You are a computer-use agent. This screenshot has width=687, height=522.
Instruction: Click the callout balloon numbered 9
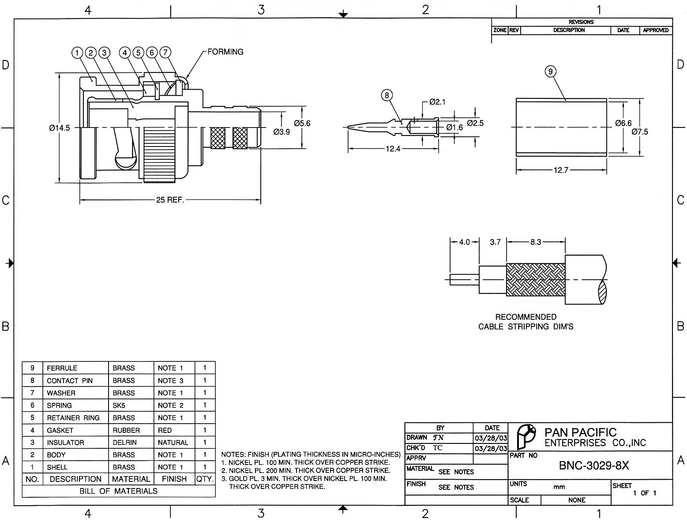point(550,71)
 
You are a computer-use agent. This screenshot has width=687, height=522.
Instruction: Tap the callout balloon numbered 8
point(387,95)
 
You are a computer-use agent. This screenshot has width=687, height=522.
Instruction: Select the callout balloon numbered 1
point(77,53)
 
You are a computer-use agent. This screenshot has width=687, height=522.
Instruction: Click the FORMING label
point(225,52)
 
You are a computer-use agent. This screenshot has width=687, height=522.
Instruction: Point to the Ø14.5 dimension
point(59,128)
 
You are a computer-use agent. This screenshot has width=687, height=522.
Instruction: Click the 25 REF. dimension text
point(170,200)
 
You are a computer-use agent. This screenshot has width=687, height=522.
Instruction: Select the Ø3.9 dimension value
point(282,131)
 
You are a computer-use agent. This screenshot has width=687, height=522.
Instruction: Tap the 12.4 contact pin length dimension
point(393,149)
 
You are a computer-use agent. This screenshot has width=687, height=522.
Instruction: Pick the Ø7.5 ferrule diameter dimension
point(639,131)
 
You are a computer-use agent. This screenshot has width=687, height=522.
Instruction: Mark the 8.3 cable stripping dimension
point(536,242)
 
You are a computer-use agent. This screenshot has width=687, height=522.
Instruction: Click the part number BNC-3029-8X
point(593,466)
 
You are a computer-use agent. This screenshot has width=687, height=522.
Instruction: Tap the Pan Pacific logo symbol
point(526,436)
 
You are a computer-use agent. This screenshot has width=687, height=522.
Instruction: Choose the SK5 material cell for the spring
point(119,406)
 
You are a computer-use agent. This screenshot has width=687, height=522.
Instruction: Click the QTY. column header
point(205,479)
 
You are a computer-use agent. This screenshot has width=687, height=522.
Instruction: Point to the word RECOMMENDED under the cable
point(526,317)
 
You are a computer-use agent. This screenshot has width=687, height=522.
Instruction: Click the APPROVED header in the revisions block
point(656,30)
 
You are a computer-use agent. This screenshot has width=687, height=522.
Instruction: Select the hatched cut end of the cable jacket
point(603,292)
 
